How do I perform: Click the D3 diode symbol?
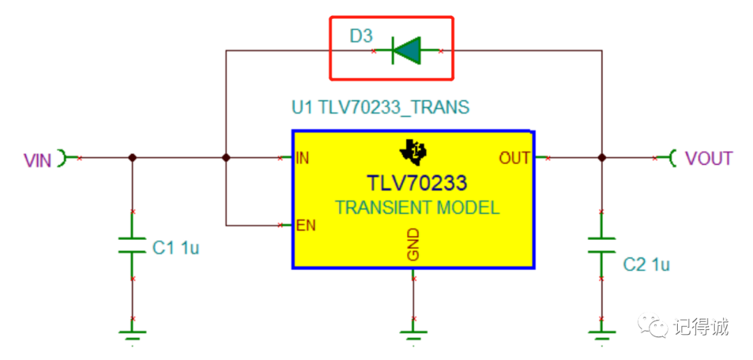407,50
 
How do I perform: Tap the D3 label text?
361,36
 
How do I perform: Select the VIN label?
38,160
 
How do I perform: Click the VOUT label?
708,158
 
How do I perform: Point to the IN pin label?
303,158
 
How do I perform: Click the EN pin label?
305,225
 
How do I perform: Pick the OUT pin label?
515,158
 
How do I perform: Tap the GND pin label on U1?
413,243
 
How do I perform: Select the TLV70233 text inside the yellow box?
416,183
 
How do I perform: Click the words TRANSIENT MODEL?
417,207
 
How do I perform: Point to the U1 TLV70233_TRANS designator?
380,107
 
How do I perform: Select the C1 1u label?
176,248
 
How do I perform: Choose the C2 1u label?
646,264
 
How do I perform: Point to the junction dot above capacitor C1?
132,158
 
